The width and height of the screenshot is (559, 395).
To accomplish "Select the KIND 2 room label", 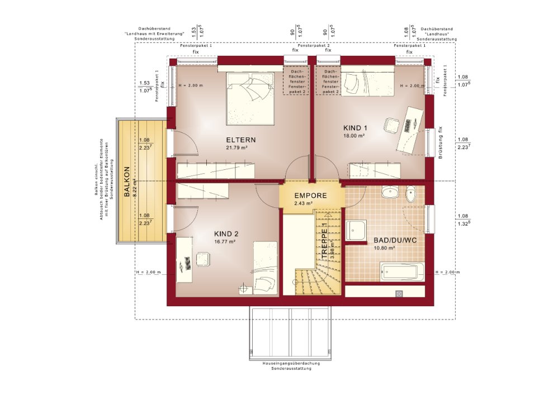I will coord(226,234).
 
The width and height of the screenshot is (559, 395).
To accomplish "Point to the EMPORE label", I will coord(310,196).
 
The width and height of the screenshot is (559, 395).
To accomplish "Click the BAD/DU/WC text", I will coord(396,240).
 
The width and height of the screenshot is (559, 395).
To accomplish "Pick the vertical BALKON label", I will coord(127,182).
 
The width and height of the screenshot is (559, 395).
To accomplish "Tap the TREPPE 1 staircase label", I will coord(324,240).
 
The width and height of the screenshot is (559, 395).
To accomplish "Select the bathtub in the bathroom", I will coord(402,273).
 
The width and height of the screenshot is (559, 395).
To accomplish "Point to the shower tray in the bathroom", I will coord(356,230).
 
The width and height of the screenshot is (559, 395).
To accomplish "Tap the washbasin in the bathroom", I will coord(390,194).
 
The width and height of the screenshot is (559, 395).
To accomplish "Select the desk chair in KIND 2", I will coord(201,260).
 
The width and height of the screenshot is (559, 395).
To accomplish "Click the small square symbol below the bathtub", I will coord(399,293).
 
